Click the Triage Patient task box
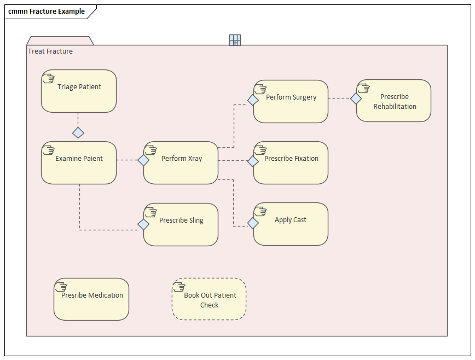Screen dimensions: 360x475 click(79, 91)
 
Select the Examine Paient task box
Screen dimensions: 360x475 click(79, 162)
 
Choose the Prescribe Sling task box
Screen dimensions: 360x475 click(181, 224)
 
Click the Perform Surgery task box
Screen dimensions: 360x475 click(291, 101)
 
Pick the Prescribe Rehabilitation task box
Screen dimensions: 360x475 click(394, 101)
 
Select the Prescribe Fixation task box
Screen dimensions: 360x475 click(291, 162)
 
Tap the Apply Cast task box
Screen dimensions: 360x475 click(291, 224)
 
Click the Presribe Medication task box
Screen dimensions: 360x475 click(91, 299)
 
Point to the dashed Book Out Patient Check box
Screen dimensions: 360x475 click(209, 299)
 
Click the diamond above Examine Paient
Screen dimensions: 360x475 click(78, 132)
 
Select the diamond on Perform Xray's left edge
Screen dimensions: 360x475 click(143, 160)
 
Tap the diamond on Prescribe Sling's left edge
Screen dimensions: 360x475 click(143, 224)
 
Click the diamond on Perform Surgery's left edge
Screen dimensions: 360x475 click(253, 100)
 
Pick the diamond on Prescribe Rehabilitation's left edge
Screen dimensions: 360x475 click(356, 98)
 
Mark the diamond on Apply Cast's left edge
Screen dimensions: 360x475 click(253, 223)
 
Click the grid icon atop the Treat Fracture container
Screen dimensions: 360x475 click(235, 40)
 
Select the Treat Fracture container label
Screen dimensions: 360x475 click(50, 51)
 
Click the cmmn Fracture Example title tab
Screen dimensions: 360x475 click(47, 11)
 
